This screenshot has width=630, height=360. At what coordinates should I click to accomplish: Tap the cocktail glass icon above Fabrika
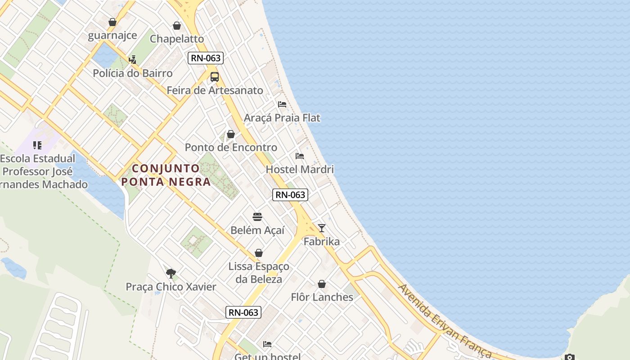coord(321,228)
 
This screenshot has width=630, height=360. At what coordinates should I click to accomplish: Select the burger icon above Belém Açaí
coord(257,217)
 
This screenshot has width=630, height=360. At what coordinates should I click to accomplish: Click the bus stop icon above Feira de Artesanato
coord(215,77)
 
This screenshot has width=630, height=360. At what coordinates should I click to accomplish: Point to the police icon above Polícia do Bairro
coord(132,59)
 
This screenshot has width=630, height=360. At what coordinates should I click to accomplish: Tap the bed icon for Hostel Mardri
coord(300,156)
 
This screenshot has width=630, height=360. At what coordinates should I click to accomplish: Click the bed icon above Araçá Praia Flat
coord(282,104)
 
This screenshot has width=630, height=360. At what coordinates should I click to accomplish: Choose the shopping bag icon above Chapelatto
coord(177,26)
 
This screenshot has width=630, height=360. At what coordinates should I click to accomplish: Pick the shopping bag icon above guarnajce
coord(112,22)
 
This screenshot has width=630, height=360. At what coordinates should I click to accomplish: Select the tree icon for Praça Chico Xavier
coord(171,273)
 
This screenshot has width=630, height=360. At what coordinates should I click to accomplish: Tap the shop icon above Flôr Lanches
coord(322,284)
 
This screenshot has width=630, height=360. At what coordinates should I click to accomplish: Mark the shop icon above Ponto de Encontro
coord(231,134)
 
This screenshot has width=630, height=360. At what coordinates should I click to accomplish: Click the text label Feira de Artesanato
coord(215,90)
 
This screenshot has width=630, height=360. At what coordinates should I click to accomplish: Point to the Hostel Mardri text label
coord(300,170)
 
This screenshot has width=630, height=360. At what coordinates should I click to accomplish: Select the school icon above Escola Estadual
coord(37,145)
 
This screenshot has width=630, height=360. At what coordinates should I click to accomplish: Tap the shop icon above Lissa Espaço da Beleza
coord(259,253)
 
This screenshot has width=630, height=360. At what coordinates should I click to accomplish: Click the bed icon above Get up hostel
coord(267,345)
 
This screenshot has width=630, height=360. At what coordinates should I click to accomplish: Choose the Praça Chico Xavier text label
coord(171,287)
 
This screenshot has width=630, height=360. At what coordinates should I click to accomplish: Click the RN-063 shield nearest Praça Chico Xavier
coord(243,312)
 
